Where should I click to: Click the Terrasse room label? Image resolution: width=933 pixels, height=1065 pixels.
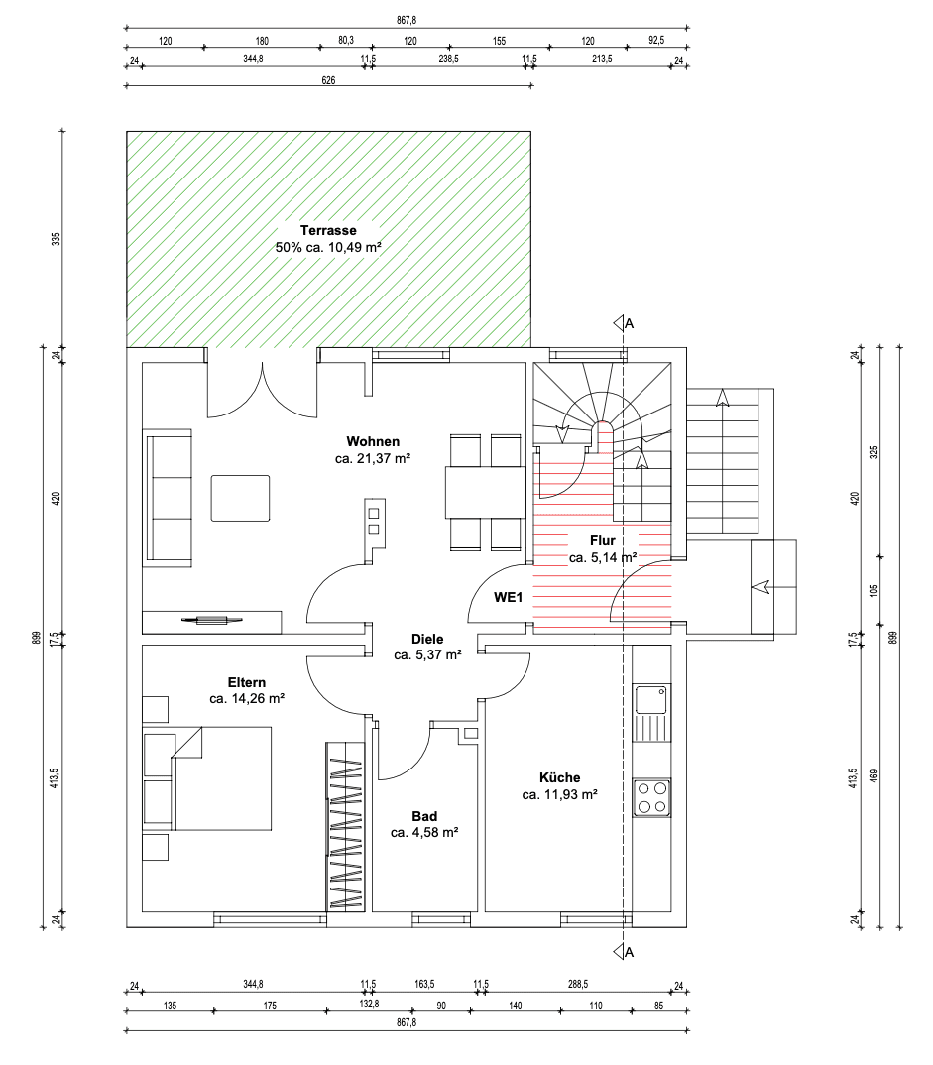point(328,229)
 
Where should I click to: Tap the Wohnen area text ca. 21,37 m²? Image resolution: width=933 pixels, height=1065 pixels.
point(373,459)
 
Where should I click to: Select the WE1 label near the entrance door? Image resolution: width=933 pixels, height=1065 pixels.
point(509,597)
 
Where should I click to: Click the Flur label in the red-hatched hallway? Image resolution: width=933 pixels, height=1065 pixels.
point(602,541)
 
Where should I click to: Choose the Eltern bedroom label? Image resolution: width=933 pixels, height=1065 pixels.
point(247,682)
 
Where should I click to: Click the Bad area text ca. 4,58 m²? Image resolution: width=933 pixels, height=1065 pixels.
point(423,832)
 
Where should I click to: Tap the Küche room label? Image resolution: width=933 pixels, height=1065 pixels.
point(559,777)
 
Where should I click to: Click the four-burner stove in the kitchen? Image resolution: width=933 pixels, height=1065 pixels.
point(652,797)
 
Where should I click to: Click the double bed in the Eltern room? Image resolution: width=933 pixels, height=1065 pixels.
point(208,778)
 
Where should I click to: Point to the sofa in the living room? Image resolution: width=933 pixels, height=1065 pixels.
point(169,497)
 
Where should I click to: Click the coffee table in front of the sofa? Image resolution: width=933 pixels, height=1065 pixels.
point(240,498)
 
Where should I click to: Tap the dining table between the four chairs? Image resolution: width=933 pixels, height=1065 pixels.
point(485,493)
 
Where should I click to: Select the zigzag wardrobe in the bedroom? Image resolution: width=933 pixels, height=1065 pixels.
point(345,826)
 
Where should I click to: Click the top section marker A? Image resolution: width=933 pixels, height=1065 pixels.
point(623,323)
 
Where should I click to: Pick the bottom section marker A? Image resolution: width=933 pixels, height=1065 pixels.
point(623,953)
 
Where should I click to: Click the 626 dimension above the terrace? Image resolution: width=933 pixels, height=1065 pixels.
point(328,81)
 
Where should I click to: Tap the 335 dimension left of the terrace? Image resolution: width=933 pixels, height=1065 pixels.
point(57,239)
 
